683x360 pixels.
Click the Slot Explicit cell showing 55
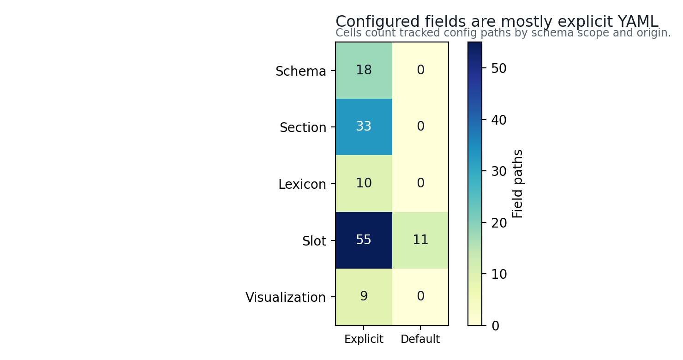[x=364, y=240]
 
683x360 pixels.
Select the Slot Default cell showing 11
[x=420, y=240]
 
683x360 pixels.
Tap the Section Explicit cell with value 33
[x=364, y=127]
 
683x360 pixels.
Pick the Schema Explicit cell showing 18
[x=364, y=71]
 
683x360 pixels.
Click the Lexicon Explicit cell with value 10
[x=364, y=184]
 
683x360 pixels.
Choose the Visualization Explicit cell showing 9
[x=364, y=297]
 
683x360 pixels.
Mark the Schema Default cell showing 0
[x=420, y=71]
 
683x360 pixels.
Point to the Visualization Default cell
[x=420, y=297]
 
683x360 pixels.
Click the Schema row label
[x=300, y=72]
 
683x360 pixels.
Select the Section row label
[x=303, y=127]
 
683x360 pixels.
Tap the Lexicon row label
[x=302, y=184]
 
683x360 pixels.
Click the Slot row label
[x=314, y=241]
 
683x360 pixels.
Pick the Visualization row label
[x=286, y=297]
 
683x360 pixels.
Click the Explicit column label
[x=364, y=339]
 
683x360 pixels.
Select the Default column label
[x=420, y=339]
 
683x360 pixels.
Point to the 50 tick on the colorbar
[x=499, y=69]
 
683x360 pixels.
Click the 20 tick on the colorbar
[x=499, y=223]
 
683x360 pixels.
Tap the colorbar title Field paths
[x=517, y=184]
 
